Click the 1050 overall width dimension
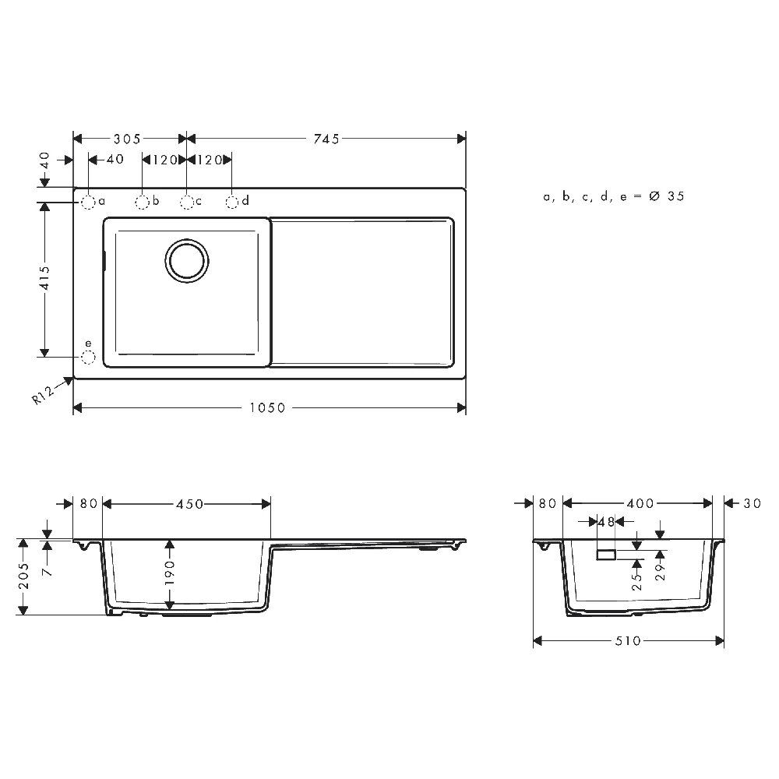click(x=267, y=408)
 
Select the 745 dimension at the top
click(x=326, y=139)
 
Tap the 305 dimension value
click(x=127, y=139)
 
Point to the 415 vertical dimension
click(x=44, y=278)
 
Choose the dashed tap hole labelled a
click(x=88, y=203)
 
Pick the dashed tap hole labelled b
click(x=142, y=203)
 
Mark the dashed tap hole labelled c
click(x=187, y=203)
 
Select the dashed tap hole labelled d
click(x=232, y=203)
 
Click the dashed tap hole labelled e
click(x=88, y=358)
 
